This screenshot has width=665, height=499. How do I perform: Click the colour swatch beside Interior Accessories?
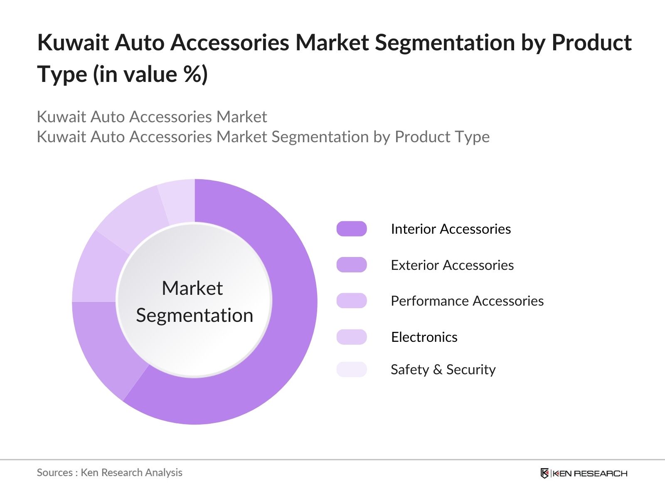(352, 229)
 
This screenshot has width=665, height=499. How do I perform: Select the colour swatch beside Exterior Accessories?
(352, 265)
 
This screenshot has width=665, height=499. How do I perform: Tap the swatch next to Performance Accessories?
(352, 301)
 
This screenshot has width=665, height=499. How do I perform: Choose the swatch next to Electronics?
(352, 337)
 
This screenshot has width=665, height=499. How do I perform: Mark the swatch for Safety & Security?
(352, 369)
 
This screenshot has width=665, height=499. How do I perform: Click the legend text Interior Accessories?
(451, 229)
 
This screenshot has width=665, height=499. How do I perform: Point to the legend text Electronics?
(424, 337)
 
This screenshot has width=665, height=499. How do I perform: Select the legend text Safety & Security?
(443, 369)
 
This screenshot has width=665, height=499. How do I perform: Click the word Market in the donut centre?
(192, 288)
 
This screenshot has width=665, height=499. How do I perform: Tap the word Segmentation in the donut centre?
(195, 315)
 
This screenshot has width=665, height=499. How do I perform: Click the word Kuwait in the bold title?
(73, 42)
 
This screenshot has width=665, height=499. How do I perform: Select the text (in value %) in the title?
(150, 74)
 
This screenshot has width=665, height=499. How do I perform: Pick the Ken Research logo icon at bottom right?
(544, 473)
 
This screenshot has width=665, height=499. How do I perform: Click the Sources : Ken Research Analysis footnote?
(109, 472)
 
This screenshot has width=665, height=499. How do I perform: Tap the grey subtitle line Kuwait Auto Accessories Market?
(152, 117)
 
